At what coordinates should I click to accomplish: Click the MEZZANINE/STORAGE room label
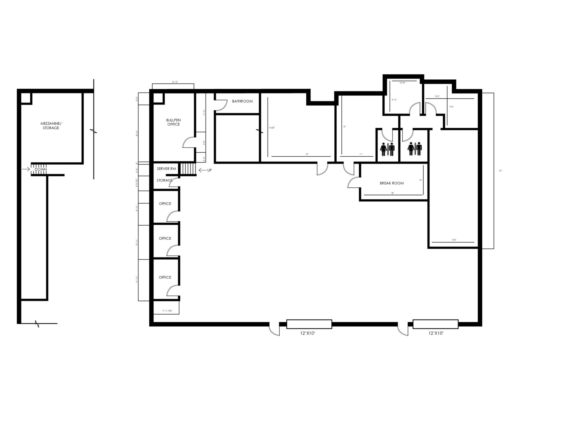click(x=51, y=126)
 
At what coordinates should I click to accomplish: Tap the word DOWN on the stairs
click(x=41, y=169)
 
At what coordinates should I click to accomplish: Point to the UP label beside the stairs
click(x=209, y=170)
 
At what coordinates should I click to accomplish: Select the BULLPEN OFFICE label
click(x=173, y=122)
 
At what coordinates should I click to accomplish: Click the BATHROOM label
click(x=242, y=101)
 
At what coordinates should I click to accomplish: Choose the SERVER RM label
click(x=166, y=169)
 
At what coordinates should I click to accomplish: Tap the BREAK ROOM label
click(x=392, y=183)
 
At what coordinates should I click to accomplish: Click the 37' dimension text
click(x=500, y=171)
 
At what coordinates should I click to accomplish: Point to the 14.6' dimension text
click(x=454, y=240)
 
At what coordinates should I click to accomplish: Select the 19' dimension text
click(x=307, y=154)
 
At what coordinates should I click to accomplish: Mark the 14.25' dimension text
click(x=272, y=128)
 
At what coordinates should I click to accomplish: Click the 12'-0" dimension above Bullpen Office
click(x=175, y=82)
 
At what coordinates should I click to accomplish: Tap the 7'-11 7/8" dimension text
click(x=167, y=311)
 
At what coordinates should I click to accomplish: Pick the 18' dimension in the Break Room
click(x=393, y=193)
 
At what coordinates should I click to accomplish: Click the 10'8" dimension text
click(x=403, y=83)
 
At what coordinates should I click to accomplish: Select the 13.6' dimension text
click(x=451, y=107)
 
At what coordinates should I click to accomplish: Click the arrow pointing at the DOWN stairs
click(x=26, y=169)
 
